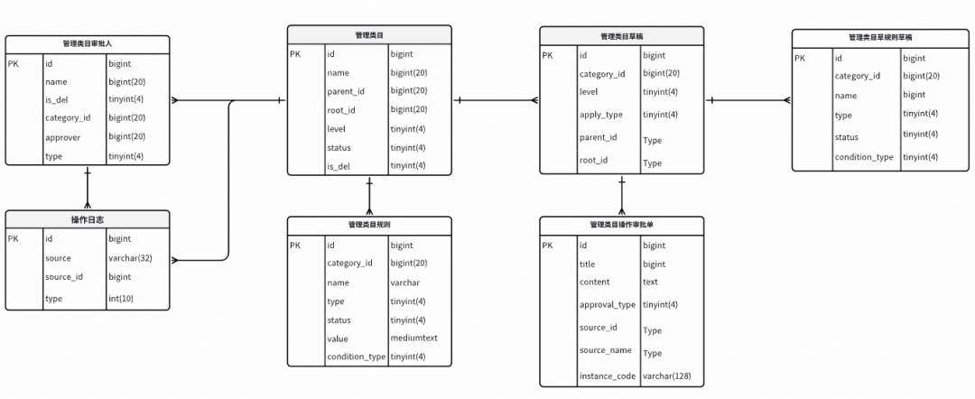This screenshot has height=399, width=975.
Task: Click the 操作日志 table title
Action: pyautogui.click(x=87, y=219)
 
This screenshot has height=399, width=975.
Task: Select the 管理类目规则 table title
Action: pyautogui.click(x=369, y=226)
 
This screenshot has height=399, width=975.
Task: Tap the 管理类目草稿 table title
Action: pyautogui.click(x=622, y=37)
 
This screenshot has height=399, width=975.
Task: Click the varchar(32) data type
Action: pyautogui.click(x=130, y=258)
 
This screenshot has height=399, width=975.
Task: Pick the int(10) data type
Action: pyautogui.click(x=121, y=299)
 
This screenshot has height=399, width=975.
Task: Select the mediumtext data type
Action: pyautogui.click(x=414, y=339)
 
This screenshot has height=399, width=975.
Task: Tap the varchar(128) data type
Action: pyautogui.click(x=666, y=376)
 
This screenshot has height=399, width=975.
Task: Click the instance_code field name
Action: pyautogui.click(x=608, y=376)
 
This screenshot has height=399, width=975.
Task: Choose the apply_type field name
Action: pyautogui.click(x=600, y=115)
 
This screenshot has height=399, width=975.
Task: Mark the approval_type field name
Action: pyautogui.click(x=608, y=304)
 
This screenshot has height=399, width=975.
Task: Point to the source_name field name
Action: pyautogui.click(x=606, y=350)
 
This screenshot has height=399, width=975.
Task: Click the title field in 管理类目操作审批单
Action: pyautogui.click(x=587, y=264)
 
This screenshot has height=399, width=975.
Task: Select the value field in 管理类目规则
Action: pyautogui.click(x=338, y=339)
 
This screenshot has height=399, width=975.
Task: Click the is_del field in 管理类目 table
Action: pyautogui.click(x=339, y=166)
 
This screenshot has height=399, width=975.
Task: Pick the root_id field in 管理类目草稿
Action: pyautogui.click(x=593, y=161)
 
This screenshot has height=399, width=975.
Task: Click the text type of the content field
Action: pyautogui.click(x=650, y=282)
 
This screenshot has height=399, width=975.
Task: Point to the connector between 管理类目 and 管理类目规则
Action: pyautogui.click(x=369, y=196)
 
